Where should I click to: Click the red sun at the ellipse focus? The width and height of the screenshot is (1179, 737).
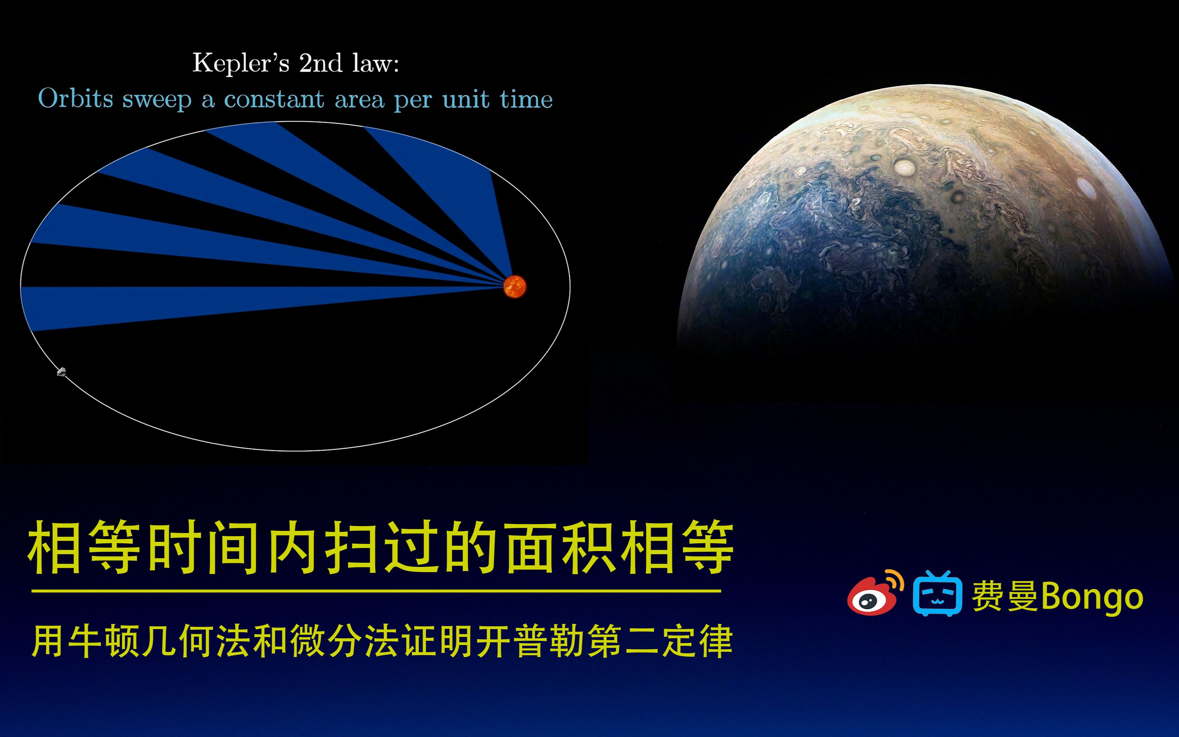515,286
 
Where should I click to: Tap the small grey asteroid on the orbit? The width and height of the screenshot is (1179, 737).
62,372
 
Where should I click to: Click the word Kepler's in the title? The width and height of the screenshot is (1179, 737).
241,63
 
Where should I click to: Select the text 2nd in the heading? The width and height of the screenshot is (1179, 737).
320,63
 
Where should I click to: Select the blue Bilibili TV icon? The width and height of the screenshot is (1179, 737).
937,594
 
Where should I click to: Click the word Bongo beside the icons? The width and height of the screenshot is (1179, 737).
1092,597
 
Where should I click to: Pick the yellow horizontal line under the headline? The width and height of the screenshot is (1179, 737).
375,591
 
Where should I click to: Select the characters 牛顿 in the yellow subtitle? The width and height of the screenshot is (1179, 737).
104,641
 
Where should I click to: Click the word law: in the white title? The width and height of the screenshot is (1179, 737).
375,63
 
